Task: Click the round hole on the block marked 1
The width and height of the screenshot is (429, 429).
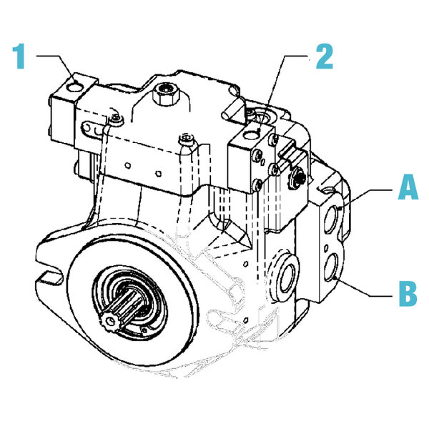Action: (x=73, y=88)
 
